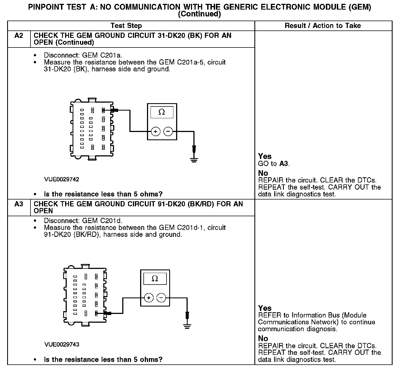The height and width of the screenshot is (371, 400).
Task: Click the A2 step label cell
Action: (x=19, y=36)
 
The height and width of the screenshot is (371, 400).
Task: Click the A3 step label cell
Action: (x=19, y=204)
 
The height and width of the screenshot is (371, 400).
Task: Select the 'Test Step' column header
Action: (x=126, y=26)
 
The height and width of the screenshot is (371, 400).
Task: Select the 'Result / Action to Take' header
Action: (x=323, y=26)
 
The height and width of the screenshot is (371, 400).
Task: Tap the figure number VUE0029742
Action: (x=62, y=179)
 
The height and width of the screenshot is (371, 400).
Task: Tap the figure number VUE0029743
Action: (x=62, y=344)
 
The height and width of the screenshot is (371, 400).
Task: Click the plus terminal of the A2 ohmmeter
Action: (x=155, y=132)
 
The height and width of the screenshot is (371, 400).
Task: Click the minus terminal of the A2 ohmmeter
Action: (x=168, y=132)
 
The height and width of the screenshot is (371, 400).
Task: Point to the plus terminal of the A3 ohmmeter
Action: (x=149, y=298)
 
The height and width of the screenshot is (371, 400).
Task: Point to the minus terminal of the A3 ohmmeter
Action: (x=161, y=298)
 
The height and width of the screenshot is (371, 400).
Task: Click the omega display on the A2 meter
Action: (x=162, y=112)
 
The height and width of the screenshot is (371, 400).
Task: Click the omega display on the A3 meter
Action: (x=155, y=279)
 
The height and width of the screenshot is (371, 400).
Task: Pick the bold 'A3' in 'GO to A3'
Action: (x=284, y=164)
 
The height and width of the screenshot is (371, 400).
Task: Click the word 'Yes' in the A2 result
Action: (x=265, y=156)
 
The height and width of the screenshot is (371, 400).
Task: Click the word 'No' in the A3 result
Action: (x=263, y=339)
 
